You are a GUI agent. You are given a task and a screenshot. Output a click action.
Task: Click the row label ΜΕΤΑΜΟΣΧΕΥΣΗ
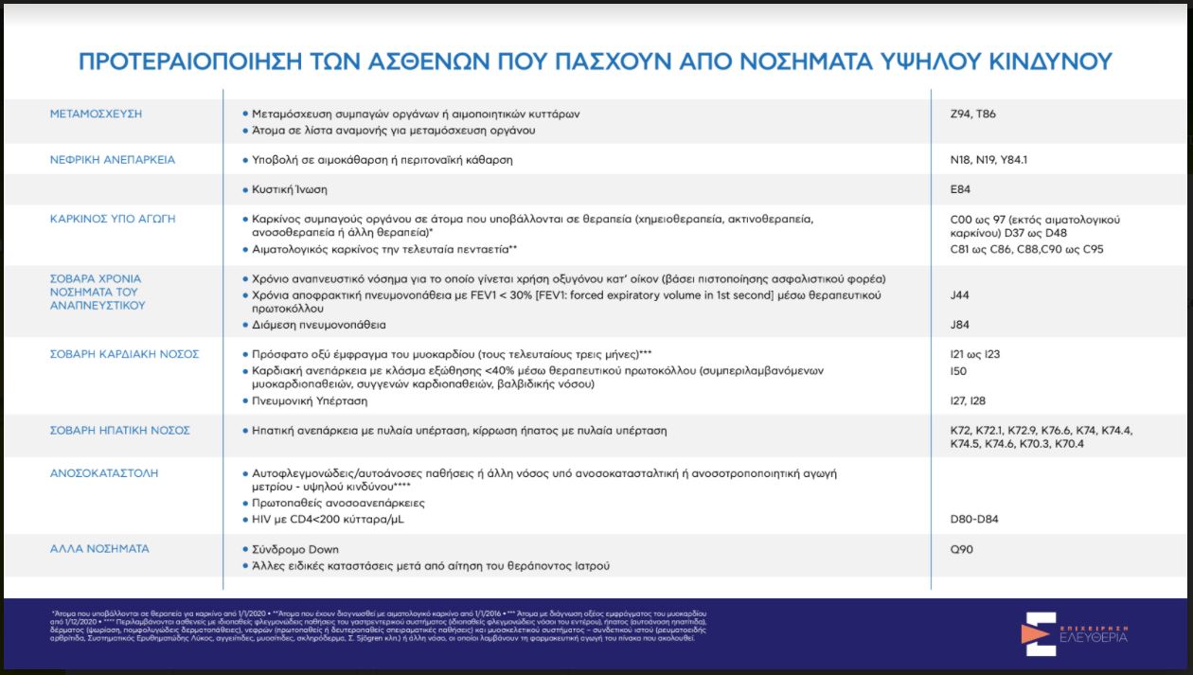[96, 114]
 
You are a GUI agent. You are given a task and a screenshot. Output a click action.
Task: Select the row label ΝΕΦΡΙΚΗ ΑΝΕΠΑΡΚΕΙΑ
[113, 159]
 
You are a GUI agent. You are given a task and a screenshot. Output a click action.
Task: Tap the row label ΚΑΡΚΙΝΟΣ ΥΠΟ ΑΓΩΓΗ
[113, 219]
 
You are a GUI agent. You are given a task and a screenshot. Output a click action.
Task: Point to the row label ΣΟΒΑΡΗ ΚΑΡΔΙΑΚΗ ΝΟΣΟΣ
[124, 354]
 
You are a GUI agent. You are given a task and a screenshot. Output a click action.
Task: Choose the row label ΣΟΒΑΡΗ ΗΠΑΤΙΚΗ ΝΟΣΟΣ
[119, 431]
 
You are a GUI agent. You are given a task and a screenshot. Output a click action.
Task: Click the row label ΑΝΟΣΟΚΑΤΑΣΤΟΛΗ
[103, 472]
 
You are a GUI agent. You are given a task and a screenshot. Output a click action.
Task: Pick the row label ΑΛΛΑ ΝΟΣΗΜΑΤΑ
[99, 549]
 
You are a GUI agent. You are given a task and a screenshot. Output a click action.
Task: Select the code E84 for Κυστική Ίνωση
[960, 189]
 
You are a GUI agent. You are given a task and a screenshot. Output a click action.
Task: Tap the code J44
[960, 295]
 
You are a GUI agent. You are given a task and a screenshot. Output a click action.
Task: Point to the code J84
[960, 325]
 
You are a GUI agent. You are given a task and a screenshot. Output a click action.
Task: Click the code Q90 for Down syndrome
[961, 549]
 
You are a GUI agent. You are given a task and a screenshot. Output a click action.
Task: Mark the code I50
[958, 371]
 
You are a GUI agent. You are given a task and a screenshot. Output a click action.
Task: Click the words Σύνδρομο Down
[295, 549]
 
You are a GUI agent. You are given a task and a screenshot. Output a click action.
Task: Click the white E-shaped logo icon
[1039, 634]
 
